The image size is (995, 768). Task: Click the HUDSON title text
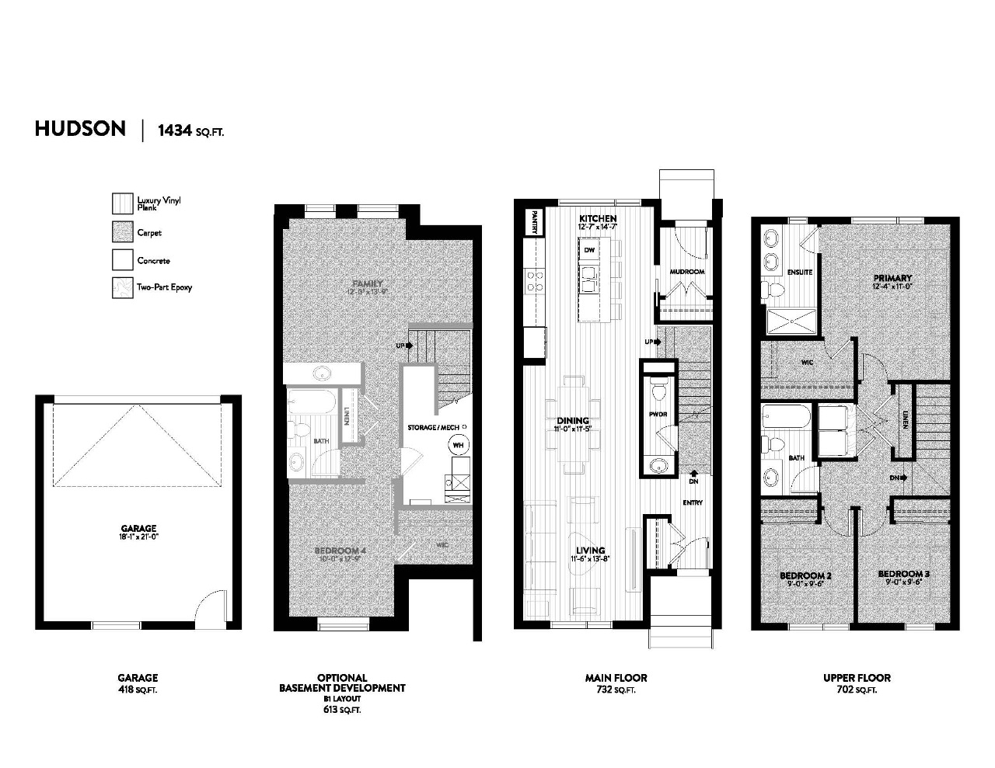(80, 129)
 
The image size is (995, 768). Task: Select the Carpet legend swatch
(122, 232)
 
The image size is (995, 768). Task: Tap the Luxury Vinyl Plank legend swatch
(122, 203)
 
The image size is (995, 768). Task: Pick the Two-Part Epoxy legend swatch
(122, 287)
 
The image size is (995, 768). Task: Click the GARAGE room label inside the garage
(138, 528)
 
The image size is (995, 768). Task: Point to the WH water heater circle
(458, 445)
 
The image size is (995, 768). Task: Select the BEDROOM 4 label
(340, 551)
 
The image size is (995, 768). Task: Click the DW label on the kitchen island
(589, 250)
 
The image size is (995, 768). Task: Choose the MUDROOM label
(686, 272)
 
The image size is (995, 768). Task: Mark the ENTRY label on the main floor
(693, 502)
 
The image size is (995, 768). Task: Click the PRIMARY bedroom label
(892, 278)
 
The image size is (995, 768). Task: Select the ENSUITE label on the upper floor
(800, 272)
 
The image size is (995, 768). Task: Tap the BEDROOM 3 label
(903, 575)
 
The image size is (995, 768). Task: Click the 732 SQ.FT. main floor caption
(615, 690)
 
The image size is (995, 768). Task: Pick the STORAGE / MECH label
(438, 427)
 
